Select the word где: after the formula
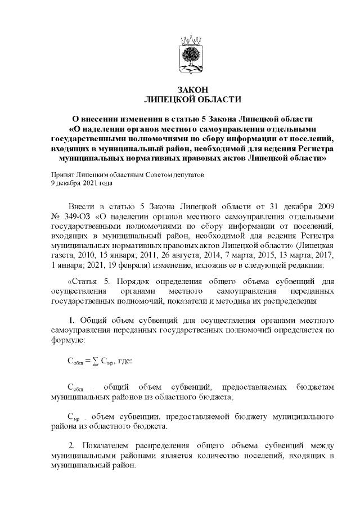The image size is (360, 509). click(123, 360)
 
